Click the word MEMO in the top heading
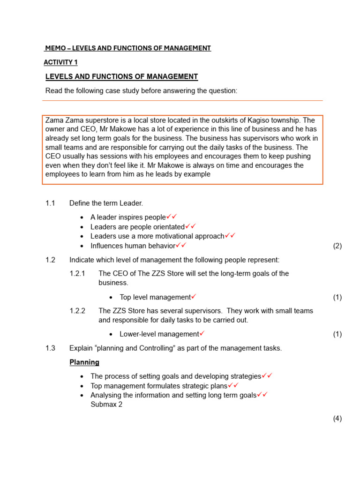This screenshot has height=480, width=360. tap(55, 48)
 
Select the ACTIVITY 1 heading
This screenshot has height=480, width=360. tap(60, 62)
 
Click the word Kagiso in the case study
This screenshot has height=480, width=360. tap(264, 120)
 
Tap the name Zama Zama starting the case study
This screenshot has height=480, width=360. tap(62, 120)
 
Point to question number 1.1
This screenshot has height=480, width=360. tap(50, 203)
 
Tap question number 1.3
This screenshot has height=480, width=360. tap(50, 348)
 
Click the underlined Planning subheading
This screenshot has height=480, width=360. tap(84, 362)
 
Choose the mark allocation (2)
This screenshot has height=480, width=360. tap(337, 246)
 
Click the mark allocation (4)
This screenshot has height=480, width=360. tap(337, 419)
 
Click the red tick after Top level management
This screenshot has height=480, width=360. tap(194, 297)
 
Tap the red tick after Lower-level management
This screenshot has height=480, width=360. tap(202, 334)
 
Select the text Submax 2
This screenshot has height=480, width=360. tap(106, 405)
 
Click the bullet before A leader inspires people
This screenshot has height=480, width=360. tap(82, 217)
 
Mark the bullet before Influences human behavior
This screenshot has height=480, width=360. tap(82, 246)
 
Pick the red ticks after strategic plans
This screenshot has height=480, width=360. tap(233, 385)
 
